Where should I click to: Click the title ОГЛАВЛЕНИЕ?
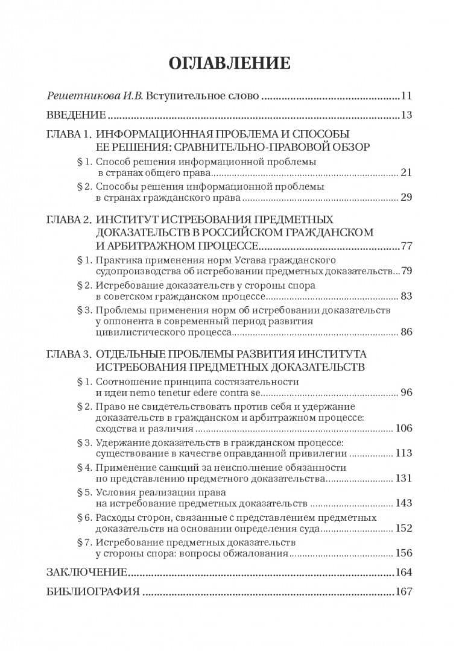pos(229,63)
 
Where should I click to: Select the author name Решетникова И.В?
pos(93,96)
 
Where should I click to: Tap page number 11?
pos(406,96)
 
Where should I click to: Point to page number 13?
pos(406,115)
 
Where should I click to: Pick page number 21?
pos(406,173)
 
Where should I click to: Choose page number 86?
pos(406,332)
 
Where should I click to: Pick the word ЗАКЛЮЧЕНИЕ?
pos(86,572)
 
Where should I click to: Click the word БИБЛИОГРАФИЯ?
pos(93,591)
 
